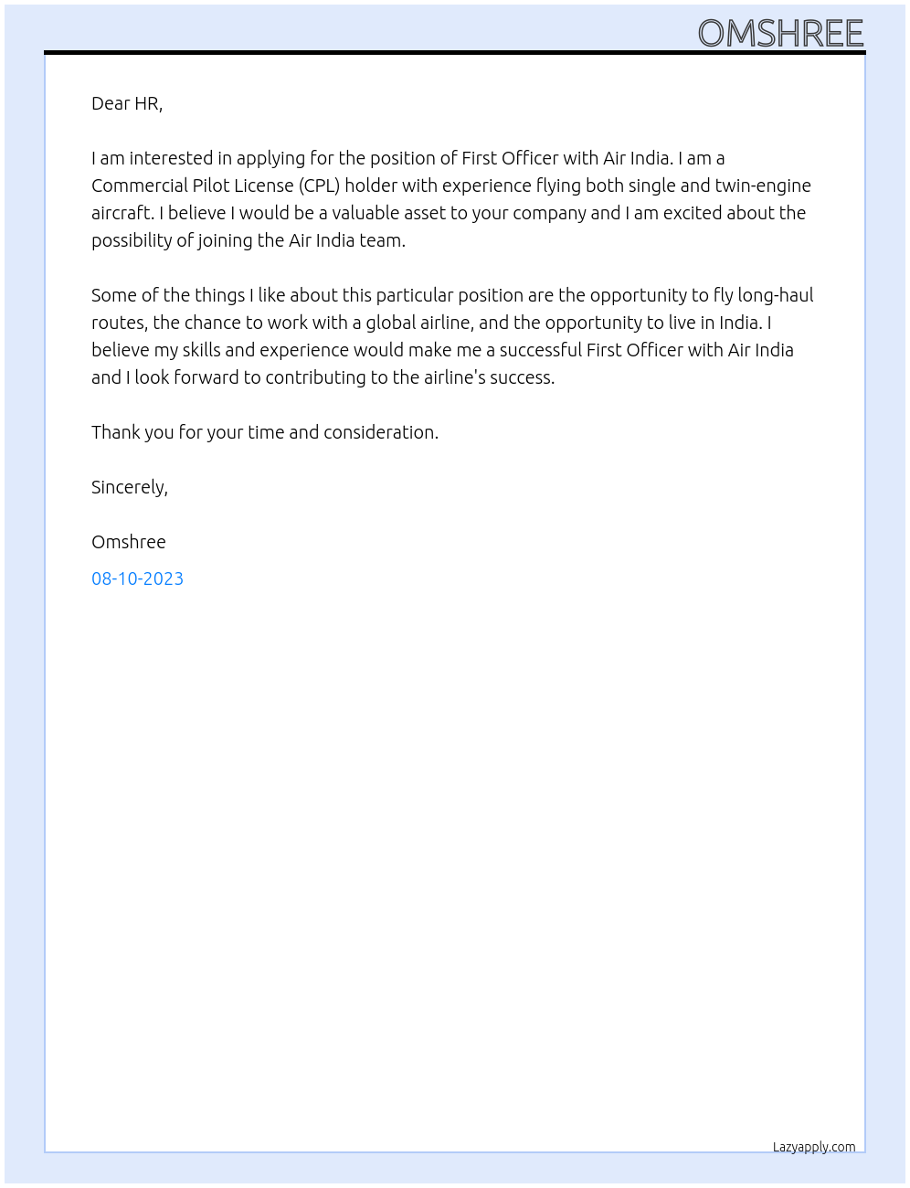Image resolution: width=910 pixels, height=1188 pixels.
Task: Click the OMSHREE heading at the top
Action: (x=780, y=34)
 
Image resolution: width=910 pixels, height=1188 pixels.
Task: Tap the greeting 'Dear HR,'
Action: (x=127, y=103)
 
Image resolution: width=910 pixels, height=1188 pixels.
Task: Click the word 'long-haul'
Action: (x=775, y=295)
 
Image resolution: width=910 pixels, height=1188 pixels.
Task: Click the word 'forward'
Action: (x=207, y=377)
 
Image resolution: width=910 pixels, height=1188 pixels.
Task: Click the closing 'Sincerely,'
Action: (x=130, y=487)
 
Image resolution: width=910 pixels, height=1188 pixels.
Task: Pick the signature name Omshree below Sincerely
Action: (x=129, y=542)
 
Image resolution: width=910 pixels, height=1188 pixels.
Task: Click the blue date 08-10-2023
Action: (x=137, y=578)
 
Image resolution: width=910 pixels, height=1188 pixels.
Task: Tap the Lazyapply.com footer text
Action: (x=814, y=1147)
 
